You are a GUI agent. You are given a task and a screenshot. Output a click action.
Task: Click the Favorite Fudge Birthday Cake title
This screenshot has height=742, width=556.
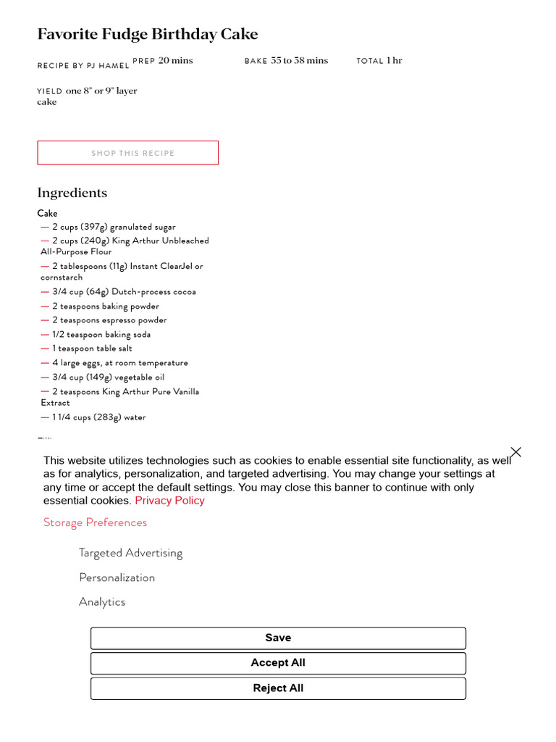[x=147, y=34]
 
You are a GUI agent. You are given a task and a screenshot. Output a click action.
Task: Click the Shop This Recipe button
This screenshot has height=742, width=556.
[x=128, y=153]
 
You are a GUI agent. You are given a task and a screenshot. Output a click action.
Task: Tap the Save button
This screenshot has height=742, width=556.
[x=278, y=638]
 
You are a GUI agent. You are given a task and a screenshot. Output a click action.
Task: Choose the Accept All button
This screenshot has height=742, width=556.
[x=278, y=663]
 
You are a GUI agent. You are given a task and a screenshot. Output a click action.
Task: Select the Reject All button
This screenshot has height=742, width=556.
[x=278, y=688]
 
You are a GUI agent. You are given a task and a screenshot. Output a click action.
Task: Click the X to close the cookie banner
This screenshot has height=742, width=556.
[x=515, y=452]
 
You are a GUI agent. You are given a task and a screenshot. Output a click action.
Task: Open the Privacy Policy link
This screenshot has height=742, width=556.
[x=169, y=501]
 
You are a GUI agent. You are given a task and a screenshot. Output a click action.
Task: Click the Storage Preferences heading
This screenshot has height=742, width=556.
[x=95, y=522]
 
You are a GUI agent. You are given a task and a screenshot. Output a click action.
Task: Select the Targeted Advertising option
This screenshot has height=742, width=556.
[x=130, y=553]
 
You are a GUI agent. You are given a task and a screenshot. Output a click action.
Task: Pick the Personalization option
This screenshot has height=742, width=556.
[x=117, y=578]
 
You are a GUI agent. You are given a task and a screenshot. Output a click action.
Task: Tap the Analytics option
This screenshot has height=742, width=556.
[x=102, y=602]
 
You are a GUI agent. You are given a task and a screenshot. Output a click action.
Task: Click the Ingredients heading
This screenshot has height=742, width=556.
[x=72, y=193]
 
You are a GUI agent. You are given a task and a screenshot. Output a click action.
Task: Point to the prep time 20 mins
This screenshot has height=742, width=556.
[x=175, y=61]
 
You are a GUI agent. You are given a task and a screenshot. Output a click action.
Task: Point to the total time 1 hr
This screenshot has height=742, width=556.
[x=394, y=61]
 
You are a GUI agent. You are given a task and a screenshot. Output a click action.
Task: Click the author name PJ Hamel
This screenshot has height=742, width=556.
[x=108, y=66]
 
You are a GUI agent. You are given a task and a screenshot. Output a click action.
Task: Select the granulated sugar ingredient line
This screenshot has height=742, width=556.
[x=114, y=227]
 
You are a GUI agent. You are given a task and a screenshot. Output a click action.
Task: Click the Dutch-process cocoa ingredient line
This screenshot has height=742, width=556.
[x=124, y=292]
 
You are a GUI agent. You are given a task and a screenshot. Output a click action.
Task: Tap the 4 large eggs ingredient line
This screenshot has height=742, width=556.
[x=119, y=363]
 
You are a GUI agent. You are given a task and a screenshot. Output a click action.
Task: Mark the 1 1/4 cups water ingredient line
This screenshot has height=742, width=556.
[x=98, y=417]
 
